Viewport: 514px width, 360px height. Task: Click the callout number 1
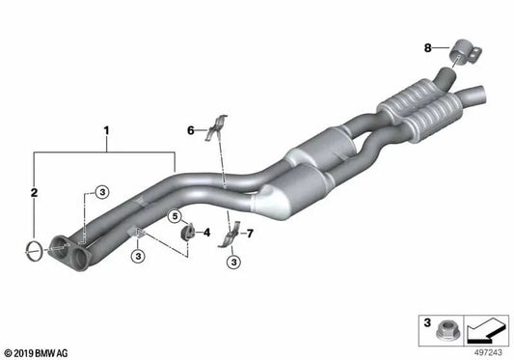pos(107,128)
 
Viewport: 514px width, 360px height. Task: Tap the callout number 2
pos(35,194)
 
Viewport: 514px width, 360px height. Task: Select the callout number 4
pos(205,232)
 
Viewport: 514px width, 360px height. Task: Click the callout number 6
pos(191,129)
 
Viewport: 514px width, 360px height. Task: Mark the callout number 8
pos(428,47)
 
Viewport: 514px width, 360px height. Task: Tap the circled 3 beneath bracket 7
pos(231,263)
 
